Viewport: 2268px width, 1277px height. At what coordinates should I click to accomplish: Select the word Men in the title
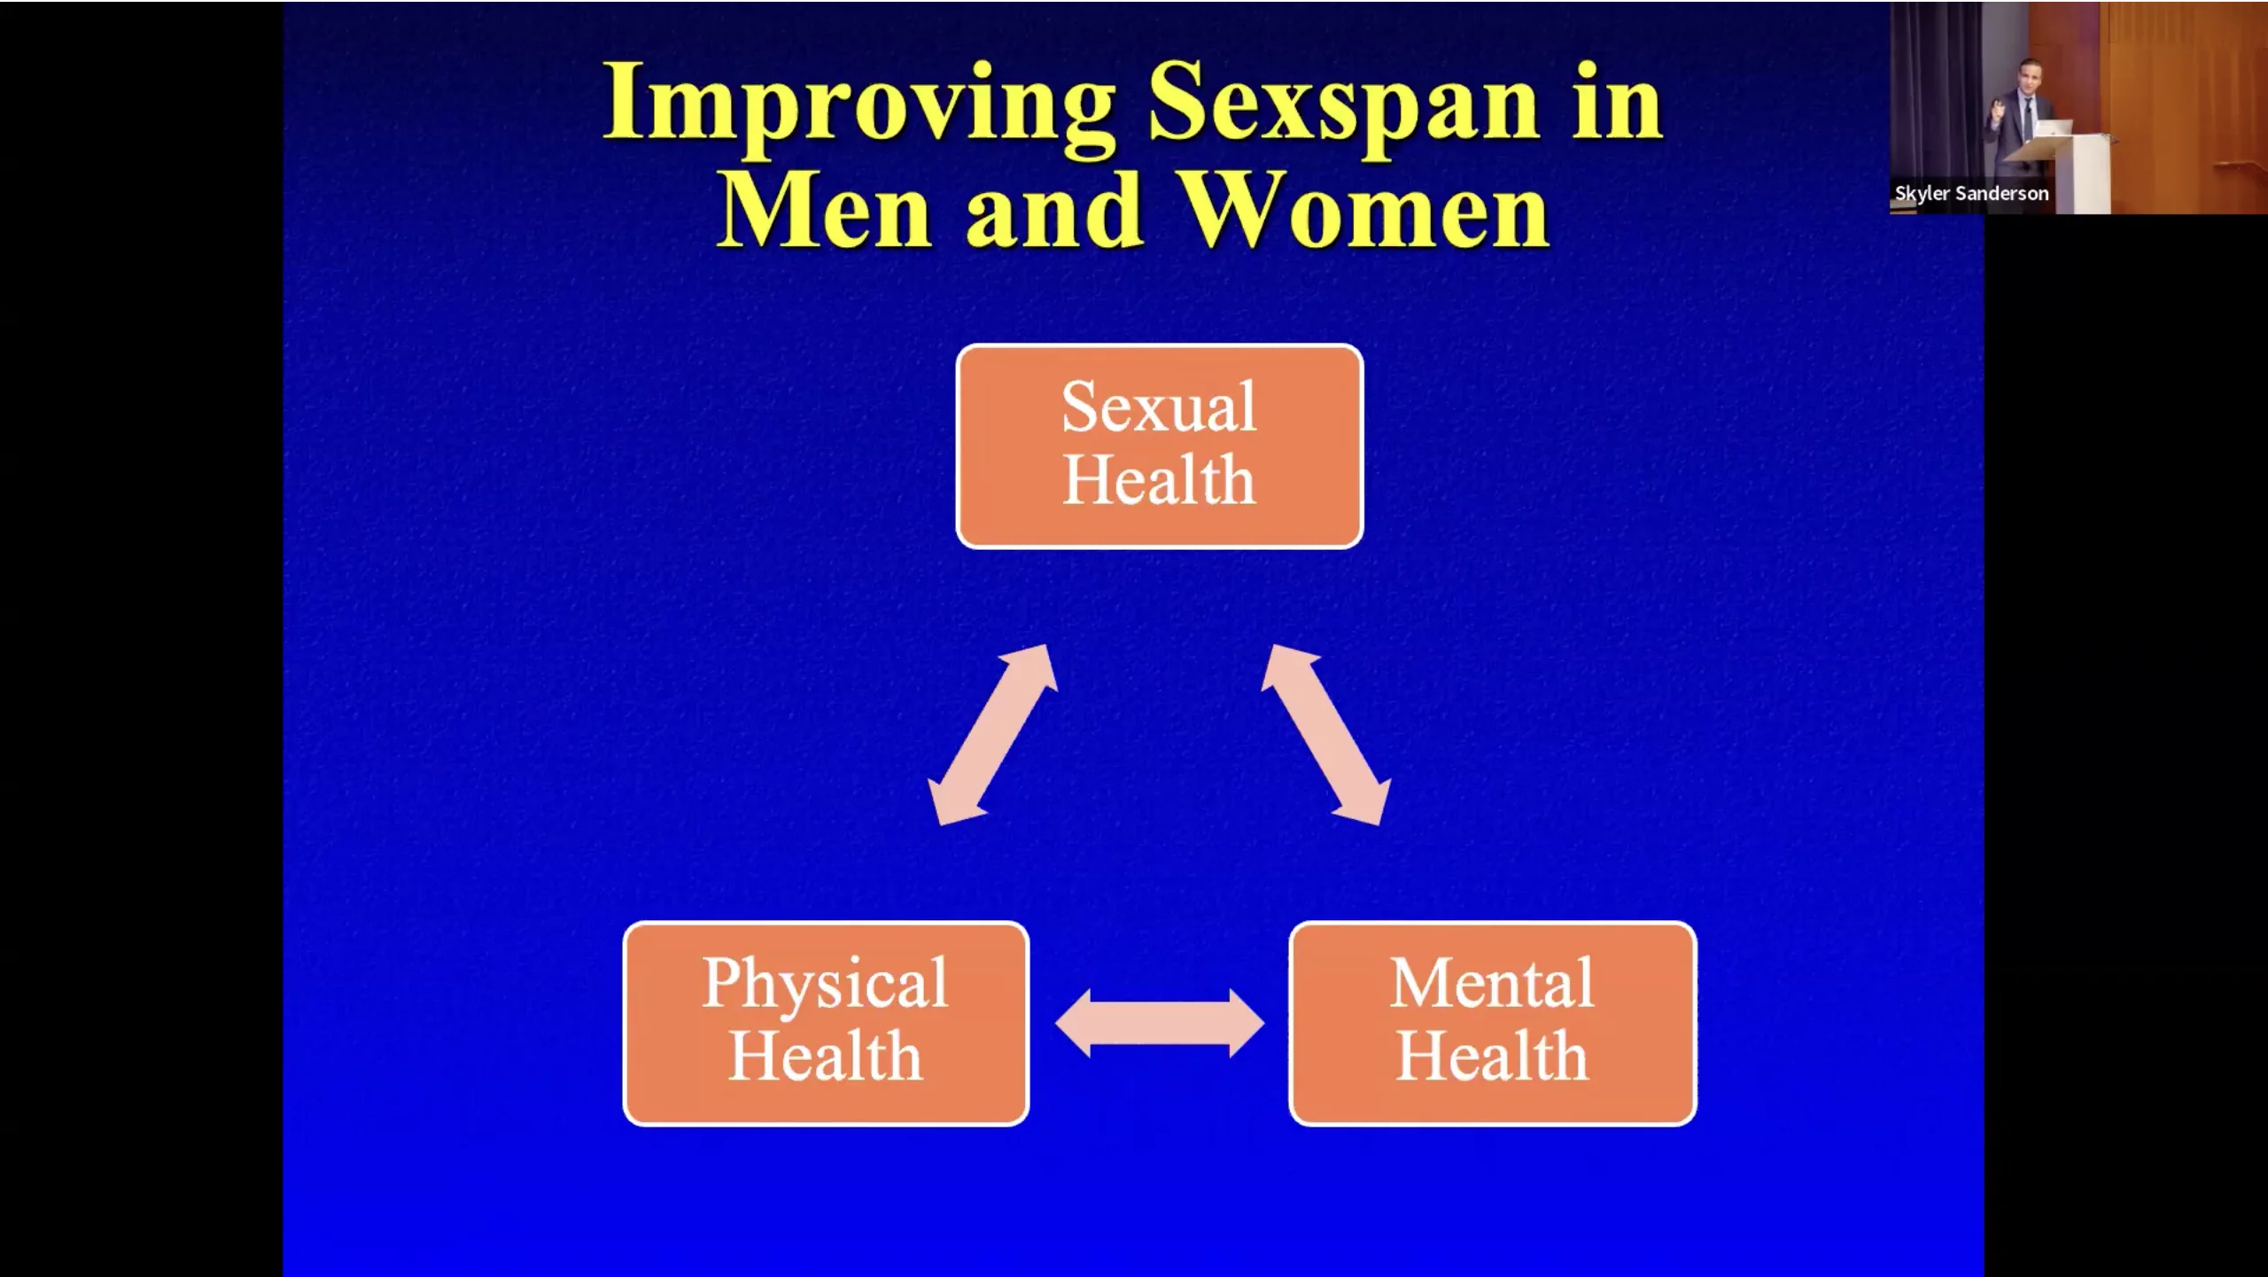pos(824,210)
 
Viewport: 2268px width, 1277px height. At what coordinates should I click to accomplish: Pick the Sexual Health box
pos(1160,446)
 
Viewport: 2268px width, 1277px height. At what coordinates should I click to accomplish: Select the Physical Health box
pos(826,1024)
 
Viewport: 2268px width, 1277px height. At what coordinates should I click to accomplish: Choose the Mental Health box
pos(1493,1024)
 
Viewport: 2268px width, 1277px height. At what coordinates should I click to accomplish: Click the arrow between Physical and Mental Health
pos(1160,1024)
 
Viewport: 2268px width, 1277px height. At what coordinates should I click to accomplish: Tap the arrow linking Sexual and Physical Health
pos(992,735)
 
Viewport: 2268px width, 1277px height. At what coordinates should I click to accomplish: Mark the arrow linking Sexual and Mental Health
pos(1326,735)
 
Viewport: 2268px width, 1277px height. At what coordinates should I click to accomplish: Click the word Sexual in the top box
pos(1159,407)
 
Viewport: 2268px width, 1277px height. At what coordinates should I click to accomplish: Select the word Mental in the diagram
pos(1493,983)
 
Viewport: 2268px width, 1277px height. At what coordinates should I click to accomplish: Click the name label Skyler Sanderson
pos(1971,193)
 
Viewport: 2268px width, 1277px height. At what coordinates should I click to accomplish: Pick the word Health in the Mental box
pos(1493,1056)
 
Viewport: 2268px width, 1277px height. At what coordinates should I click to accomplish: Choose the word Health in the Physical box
pos(826,1056)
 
